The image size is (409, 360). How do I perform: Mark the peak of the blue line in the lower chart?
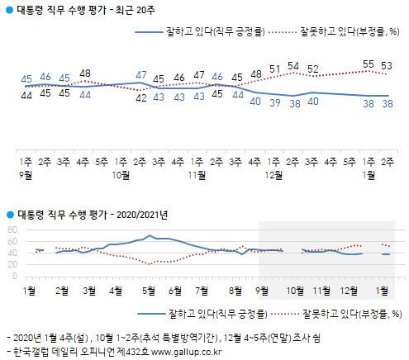[150, 237]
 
